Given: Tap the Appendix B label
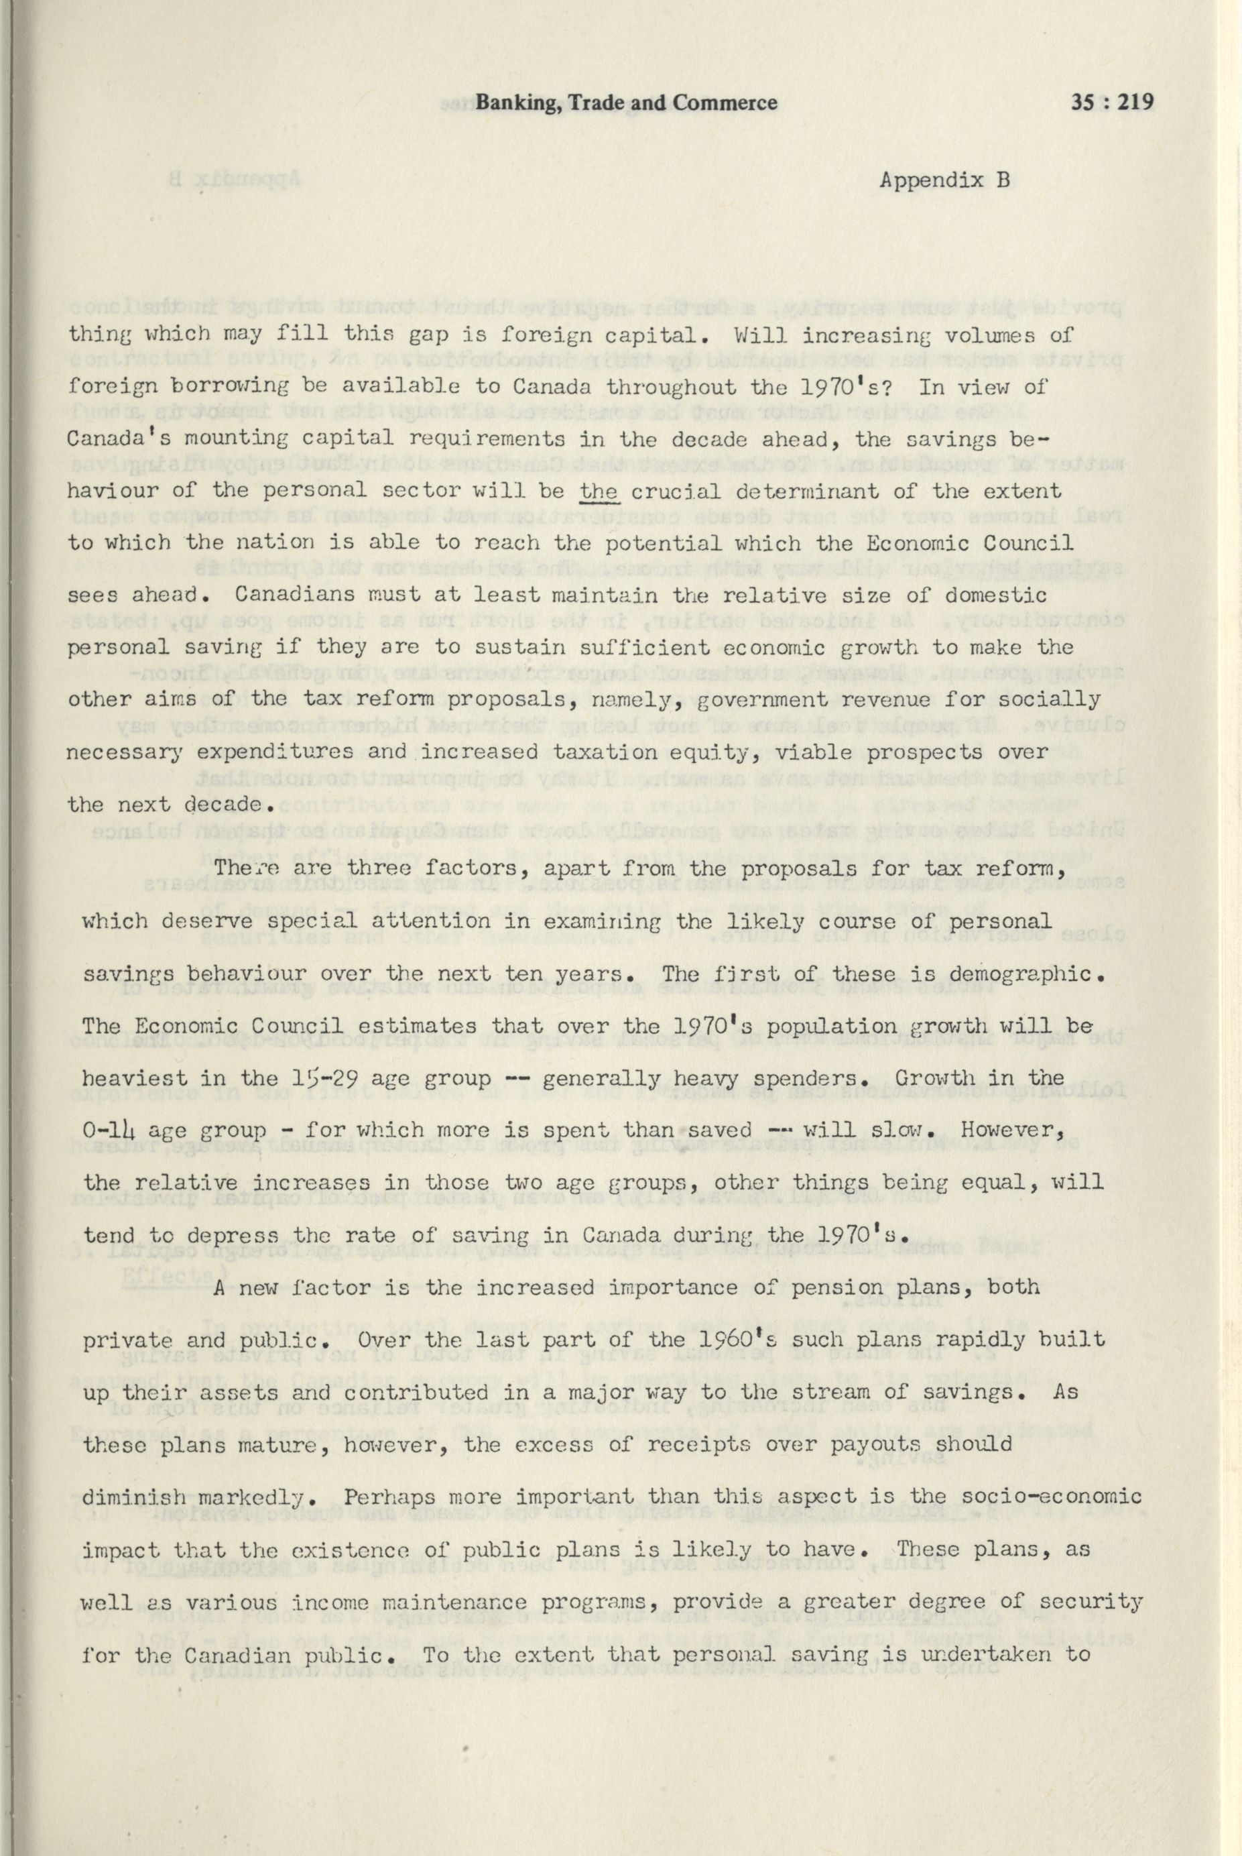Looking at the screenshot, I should pos(946,180).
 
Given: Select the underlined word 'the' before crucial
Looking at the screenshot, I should pos(600,491).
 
